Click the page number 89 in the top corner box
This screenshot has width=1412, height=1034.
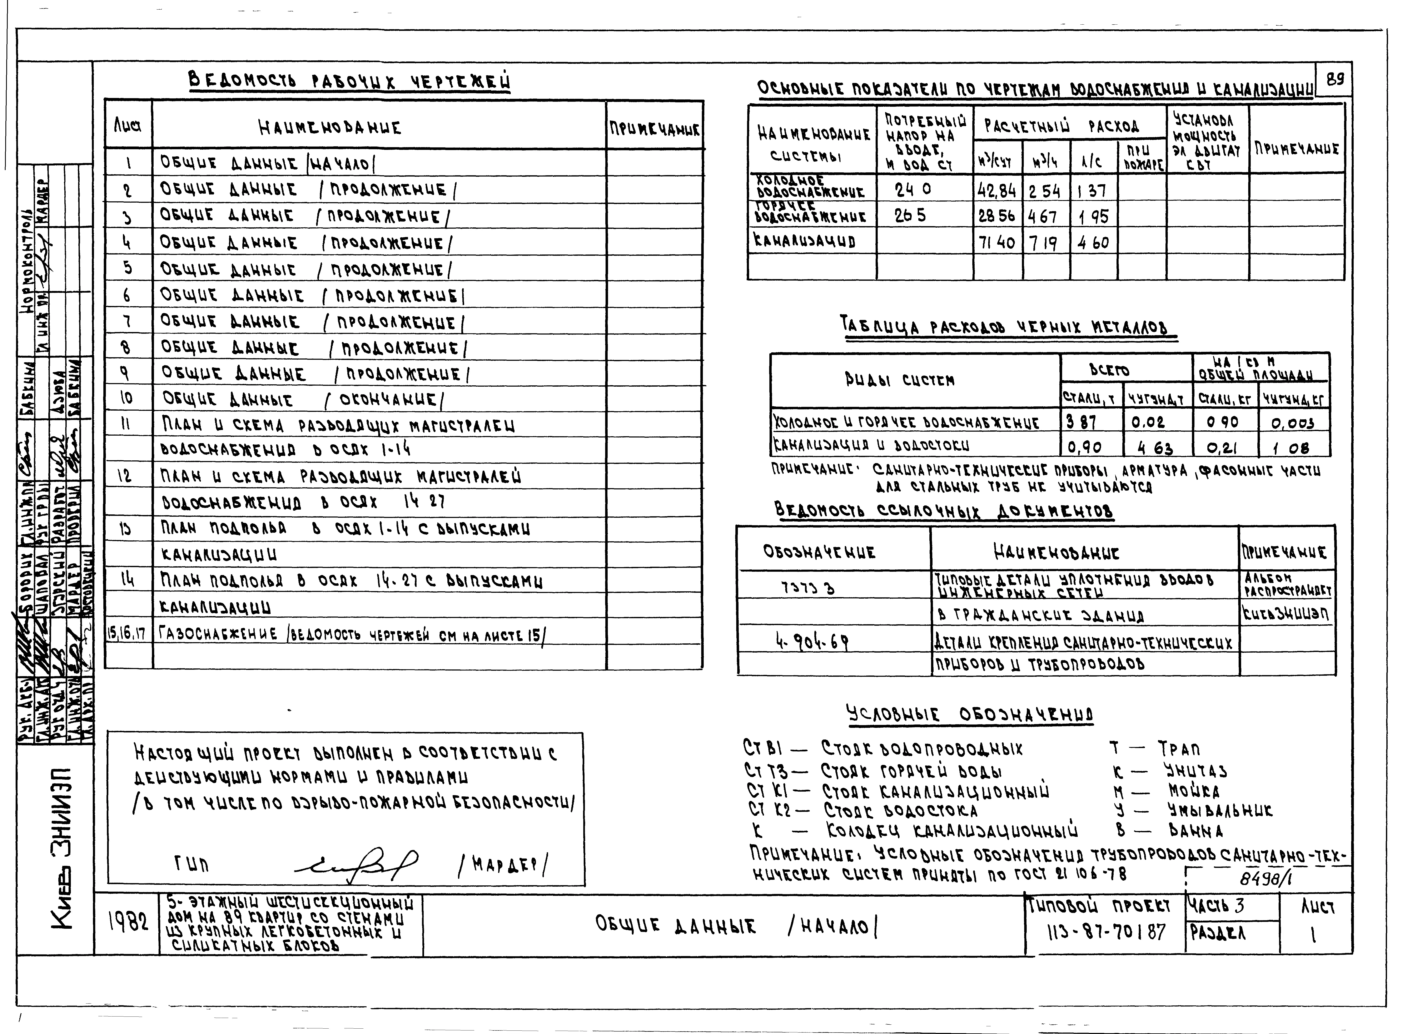tap(1334, 79)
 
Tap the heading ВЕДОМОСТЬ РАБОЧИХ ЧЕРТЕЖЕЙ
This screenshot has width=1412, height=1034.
tap(349, 82)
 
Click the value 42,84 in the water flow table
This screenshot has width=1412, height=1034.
tap(997, 190)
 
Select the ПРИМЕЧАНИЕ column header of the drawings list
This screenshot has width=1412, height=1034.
tap(654, 129)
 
